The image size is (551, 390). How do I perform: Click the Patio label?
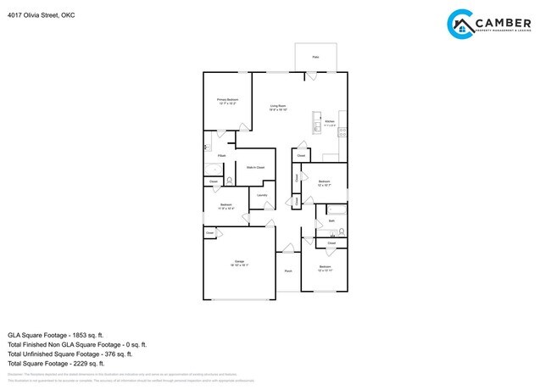pos(315,57)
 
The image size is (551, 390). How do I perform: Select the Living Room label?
pos(278,108)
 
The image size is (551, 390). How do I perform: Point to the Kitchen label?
pos(329,123)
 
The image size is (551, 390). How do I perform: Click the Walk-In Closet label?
pos(255,168)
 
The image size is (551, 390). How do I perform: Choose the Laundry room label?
pos(262,196)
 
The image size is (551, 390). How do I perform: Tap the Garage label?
pos(238,263)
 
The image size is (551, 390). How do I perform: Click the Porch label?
pos(288,271)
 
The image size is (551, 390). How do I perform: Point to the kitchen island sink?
pos(317,118)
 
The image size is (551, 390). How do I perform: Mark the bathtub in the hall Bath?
pos(331,209)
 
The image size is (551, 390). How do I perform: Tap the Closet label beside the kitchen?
pos(301,156)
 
